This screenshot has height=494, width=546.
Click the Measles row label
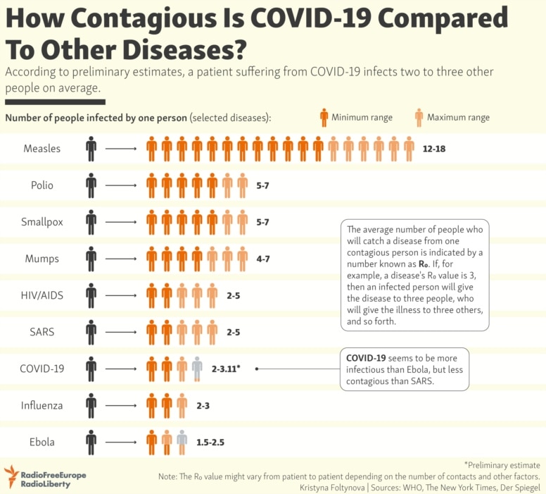[42, 149]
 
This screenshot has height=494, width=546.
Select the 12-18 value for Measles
[434, 149]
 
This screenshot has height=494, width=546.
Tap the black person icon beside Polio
[91, 185]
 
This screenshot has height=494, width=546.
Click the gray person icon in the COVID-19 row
[197, 368]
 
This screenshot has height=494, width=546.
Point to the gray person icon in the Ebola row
[182, 441]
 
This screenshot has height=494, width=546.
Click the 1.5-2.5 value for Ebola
[210, 442]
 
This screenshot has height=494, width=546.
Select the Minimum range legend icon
[324, 117]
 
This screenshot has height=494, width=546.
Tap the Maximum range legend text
[458, 117]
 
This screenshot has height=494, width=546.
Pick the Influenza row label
[42, 405]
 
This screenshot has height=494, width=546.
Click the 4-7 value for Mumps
[263, 259]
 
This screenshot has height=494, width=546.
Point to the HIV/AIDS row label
[42, 295]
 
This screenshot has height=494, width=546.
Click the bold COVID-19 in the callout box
[364, 358]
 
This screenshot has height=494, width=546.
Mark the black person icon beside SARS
[91, 331]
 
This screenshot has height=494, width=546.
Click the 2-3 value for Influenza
[203, 405]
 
